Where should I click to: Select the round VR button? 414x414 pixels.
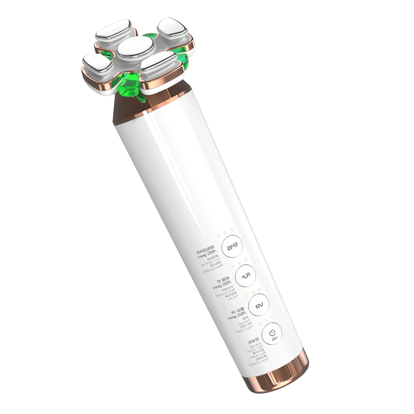(x=259, y=306)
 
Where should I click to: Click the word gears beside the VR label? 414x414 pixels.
(x=235, y=317)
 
